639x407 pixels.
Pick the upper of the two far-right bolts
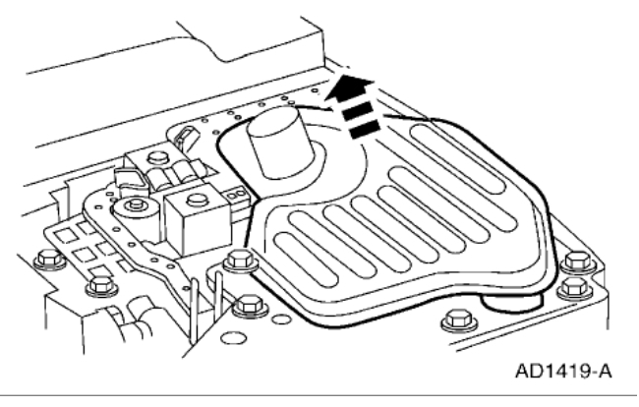[578, 262]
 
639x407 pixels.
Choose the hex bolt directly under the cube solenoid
[235, 262]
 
